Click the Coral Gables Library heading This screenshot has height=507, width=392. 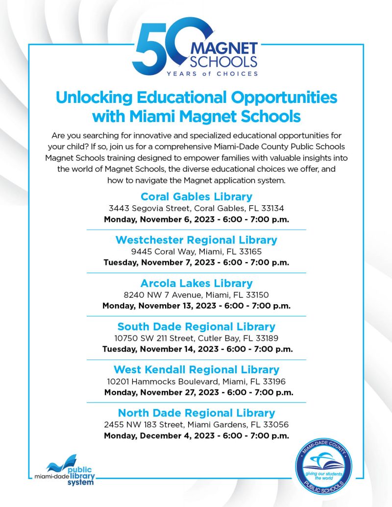pos(196,196)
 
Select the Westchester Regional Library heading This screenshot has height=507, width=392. pos(196,240)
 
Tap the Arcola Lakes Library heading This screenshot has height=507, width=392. pos(196,283)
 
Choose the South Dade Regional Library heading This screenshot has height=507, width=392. pos(196,326)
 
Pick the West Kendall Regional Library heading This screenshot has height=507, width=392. pos(196,369)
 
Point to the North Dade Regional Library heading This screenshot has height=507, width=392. pos(196,412)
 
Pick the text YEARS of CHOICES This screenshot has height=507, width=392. pos(212,73)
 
